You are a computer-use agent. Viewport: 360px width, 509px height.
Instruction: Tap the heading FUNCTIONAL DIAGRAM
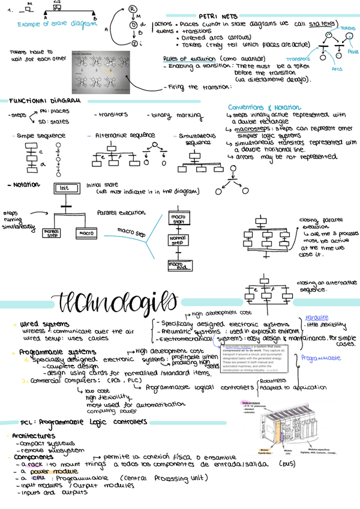pos(43,101)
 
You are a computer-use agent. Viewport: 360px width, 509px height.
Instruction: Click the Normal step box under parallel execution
pos(51,232)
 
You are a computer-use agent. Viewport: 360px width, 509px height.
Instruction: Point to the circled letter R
pos(133,8)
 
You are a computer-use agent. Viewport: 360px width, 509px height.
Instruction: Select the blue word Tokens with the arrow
pos(347,28)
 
